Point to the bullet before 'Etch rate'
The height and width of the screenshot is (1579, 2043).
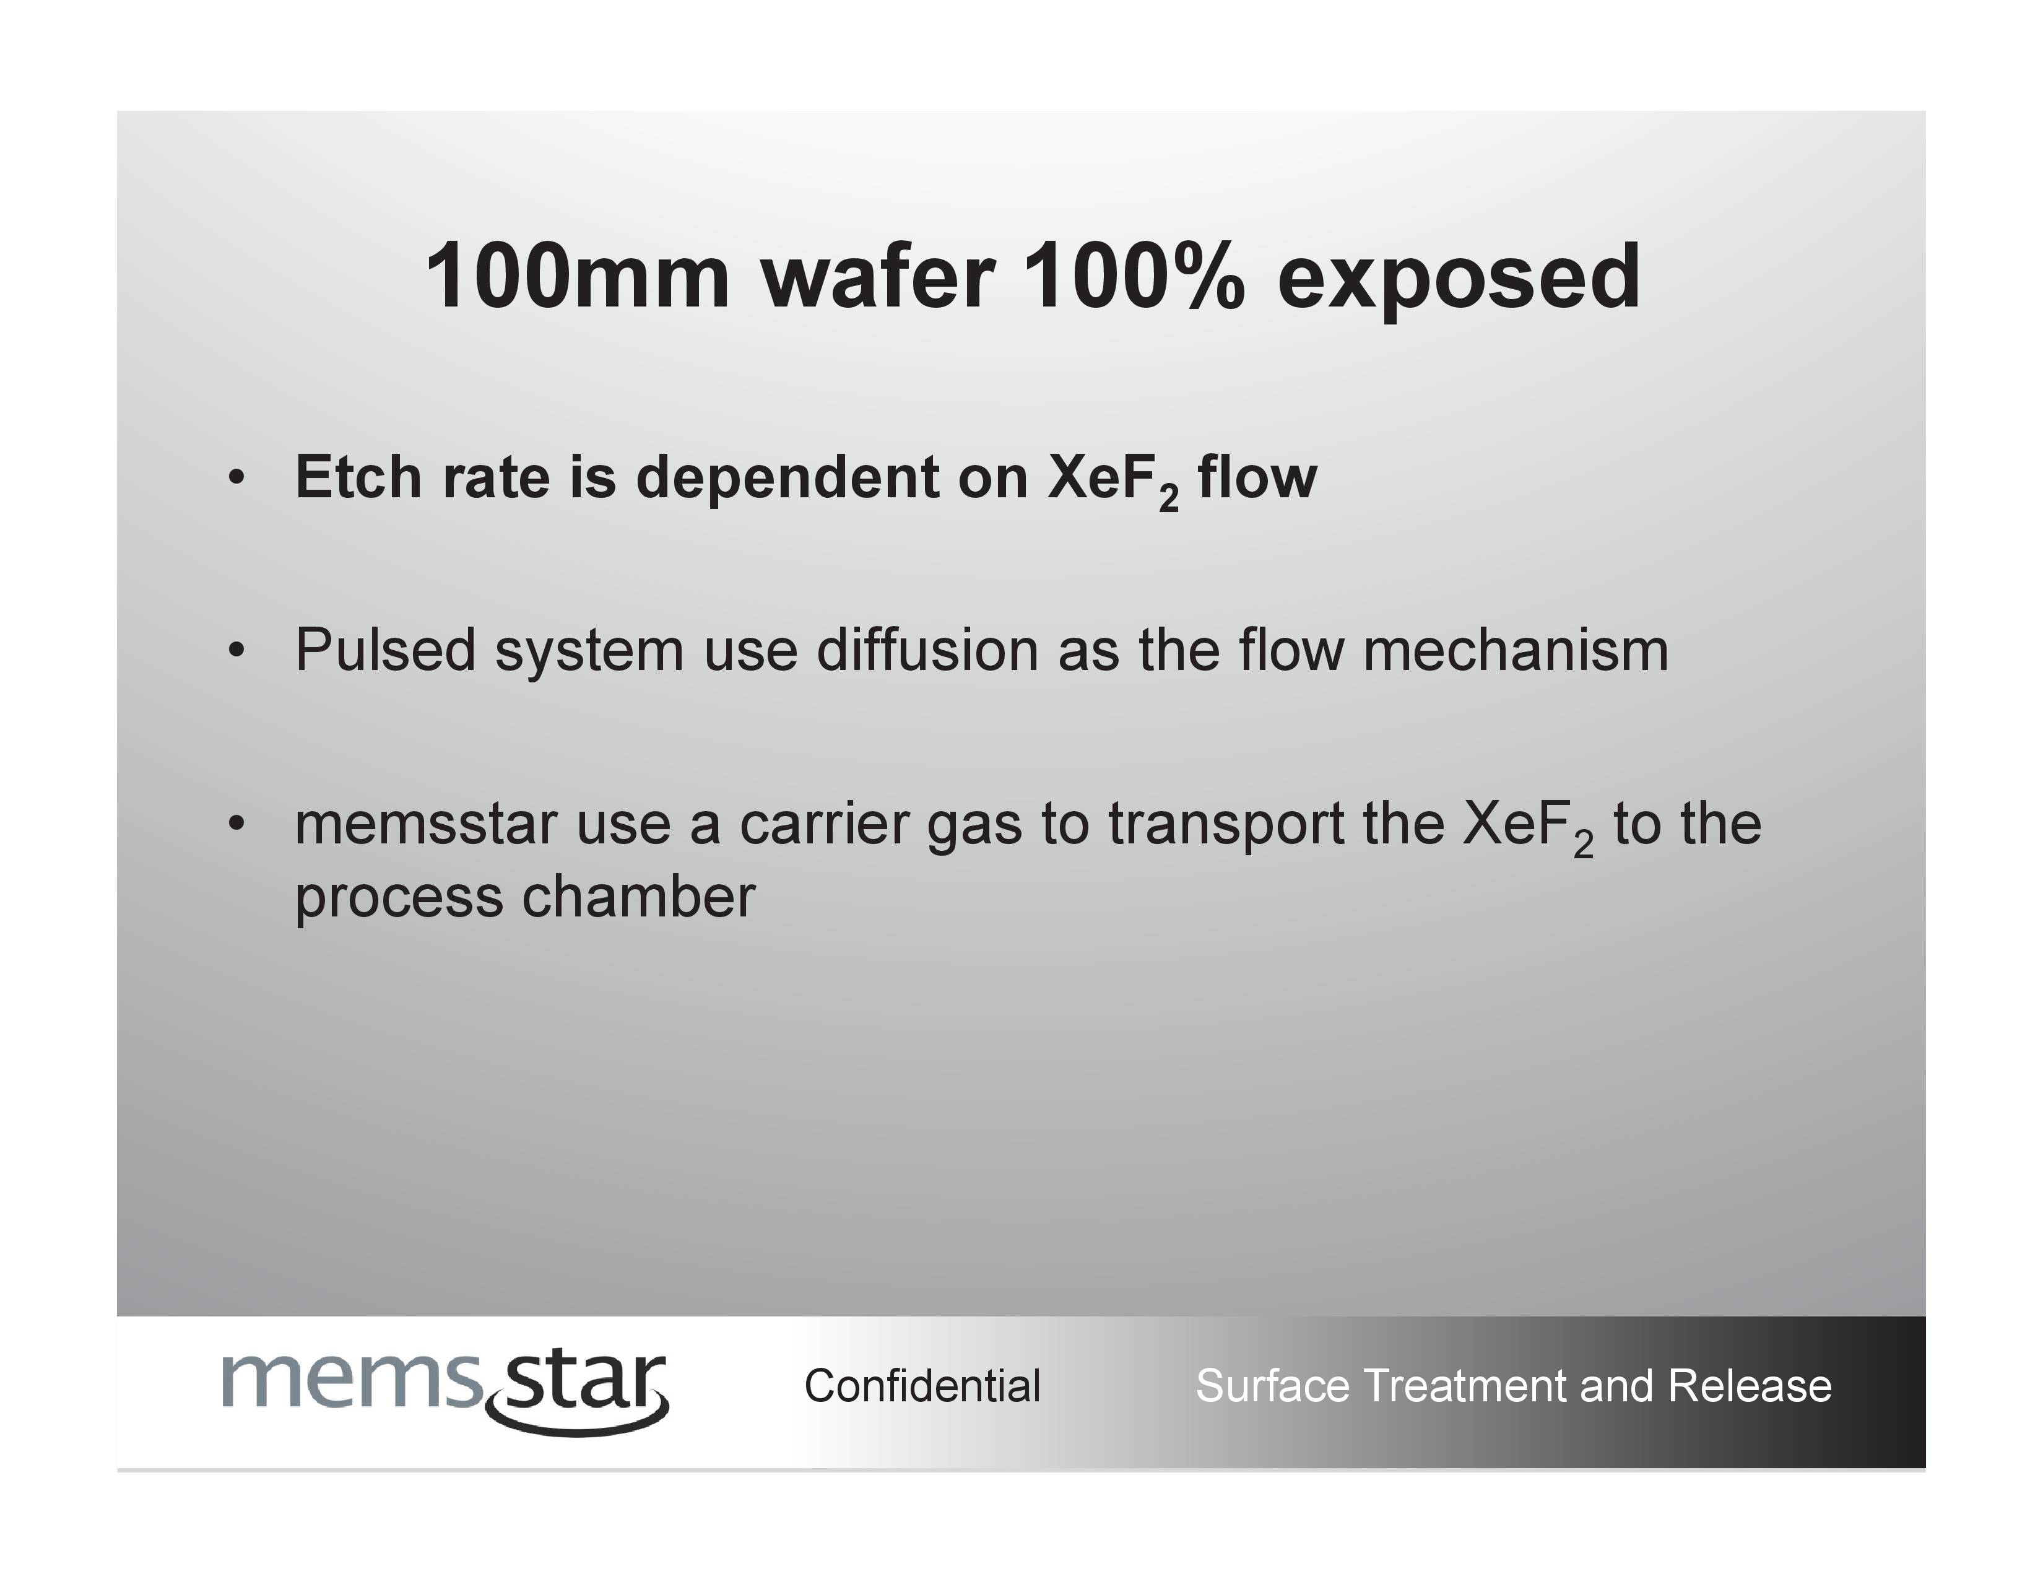click(x=236, y=478)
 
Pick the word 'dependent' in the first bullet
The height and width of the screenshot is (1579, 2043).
click(x=786, y=478)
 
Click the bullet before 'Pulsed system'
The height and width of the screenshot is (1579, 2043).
click(x=236, y=650)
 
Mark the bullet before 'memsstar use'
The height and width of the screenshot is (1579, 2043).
click(x=236, y=823)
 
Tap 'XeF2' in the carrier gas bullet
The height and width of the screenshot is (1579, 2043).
click(x=1527, y=828)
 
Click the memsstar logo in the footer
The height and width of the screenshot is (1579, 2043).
click(x=445, y=1391)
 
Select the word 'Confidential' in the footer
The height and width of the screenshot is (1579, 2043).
click(x=922, y=1385)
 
